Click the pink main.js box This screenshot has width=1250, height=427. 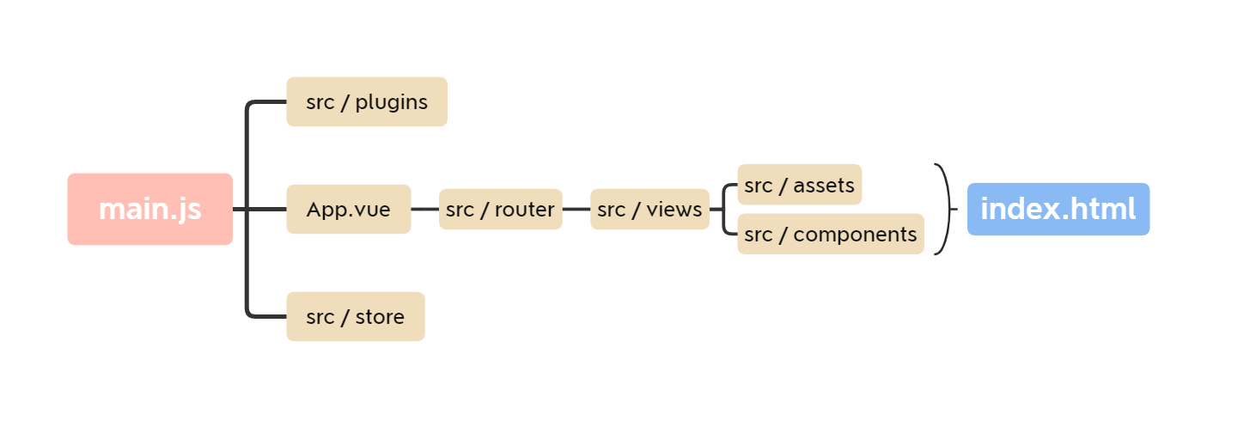[x=150, y=210]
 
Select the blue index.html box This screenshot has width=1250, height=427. [x=1058, y=210]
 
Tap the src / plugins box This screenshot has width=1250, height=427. [x=367, y=102]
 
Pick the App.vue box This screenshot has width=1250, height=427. [x=348, y=210]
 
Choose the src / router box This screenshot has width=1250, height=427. [x=500, y=210]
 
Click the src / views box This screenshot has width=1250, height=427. [x=649, y=210]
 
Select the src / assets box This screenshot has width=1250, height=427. [x=799, y=185]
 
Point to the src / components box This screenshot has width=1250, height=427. [x=830, y=235]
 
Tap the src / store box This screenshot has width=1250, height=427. [x=355, y=317]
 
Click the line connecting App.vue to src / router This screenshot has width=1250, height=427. [x=424, y=209]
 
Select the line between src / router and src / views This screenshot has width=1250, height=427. [x=576, y=209]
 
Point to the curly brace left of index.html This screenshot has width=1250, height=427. [x=946, y=210]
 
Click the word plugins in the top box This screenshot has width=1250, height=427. [x=391, y=102]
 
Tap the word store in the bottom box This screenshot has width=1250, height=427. [x=380, y=317]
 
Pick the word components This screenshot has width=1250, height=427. [x=855, y=235]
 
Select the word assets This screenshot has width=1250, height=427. [x=824, y=185]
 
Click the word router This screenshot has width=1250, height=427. [x=524, y=210]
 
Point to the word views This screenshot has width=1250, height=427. [x=674, y=210]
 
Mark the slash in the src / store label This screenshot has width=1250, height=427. [x=345, y=317]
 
